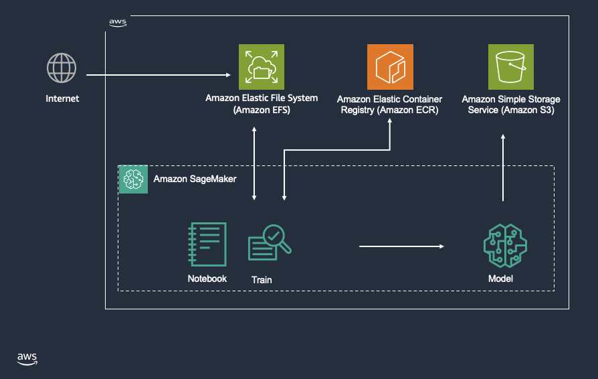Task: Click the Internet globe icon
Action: coord(62,68)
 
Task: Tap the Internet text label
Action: coord(62,98)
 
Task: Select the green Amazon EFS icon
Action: coord(262,67)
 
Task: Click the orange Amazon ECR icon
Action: coord(390,67)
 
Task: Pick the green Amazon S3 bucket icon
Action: coord(511,67)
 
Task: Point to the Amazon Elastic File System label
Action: coord(262,104)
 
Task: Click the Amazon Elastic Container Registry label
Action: coord(389,104)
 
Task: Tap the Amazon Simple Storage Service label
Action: coord(511,104)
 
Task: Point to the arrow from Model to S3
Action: coord(503,167)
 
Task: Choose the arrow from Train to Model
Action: coord(401,246)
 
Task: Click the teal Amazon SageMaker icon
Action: coord(133,179)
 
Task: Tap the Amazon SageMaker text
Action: coord(195,179)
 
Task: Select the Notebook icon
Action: coord(207,244)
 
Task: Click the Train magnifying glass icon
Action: coord(270,243)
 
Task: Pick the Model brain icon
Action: coord(501,245)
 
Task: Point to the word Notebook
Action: coord(207,279)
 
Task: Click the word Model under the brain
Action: coord(501,279)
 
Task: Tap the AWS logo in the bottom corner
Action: coord(27,358)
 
